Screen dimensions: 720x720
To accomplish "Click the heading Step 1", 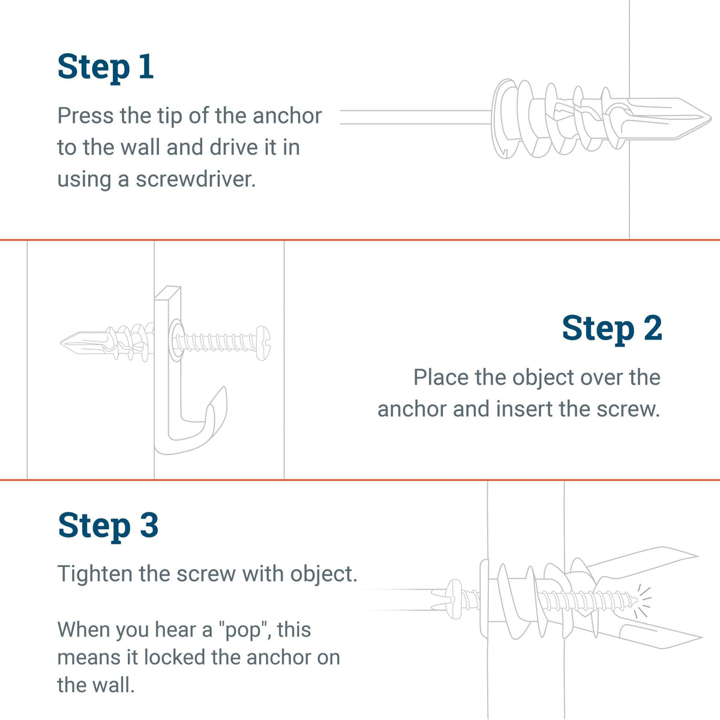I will click(106, 67).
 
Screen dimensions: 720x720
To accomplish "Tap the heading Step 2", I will click(611, 329).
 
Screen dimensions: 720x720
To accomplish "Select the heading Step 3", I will click(108, 526).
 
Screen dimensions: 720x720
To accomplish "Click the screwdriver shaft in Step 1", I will click(414, 117).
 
